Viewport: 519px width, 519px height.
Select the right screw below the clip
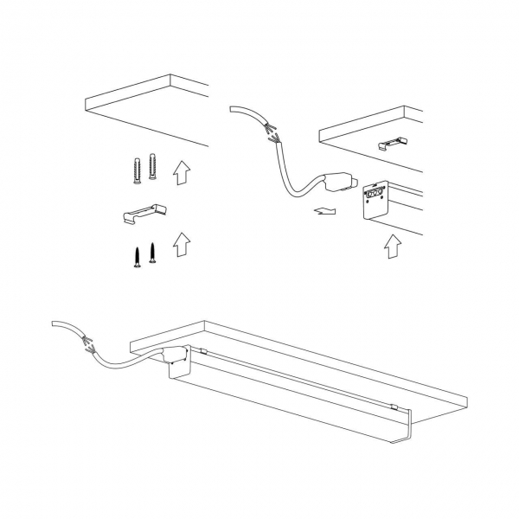(x=152, y=252)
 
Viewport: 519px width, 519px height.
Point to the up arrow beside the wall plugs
(x=181, y=173)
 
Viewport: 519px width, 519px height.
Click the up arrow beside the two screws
(x=181, y=244)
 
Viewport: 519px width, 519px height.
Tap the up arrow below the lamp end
(x=392, y=247)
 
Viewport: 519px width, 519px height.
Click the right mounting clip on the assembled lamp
(x=393, y=407)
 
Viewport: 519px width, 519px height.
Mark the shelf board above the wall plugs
(x=147, y=108)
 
